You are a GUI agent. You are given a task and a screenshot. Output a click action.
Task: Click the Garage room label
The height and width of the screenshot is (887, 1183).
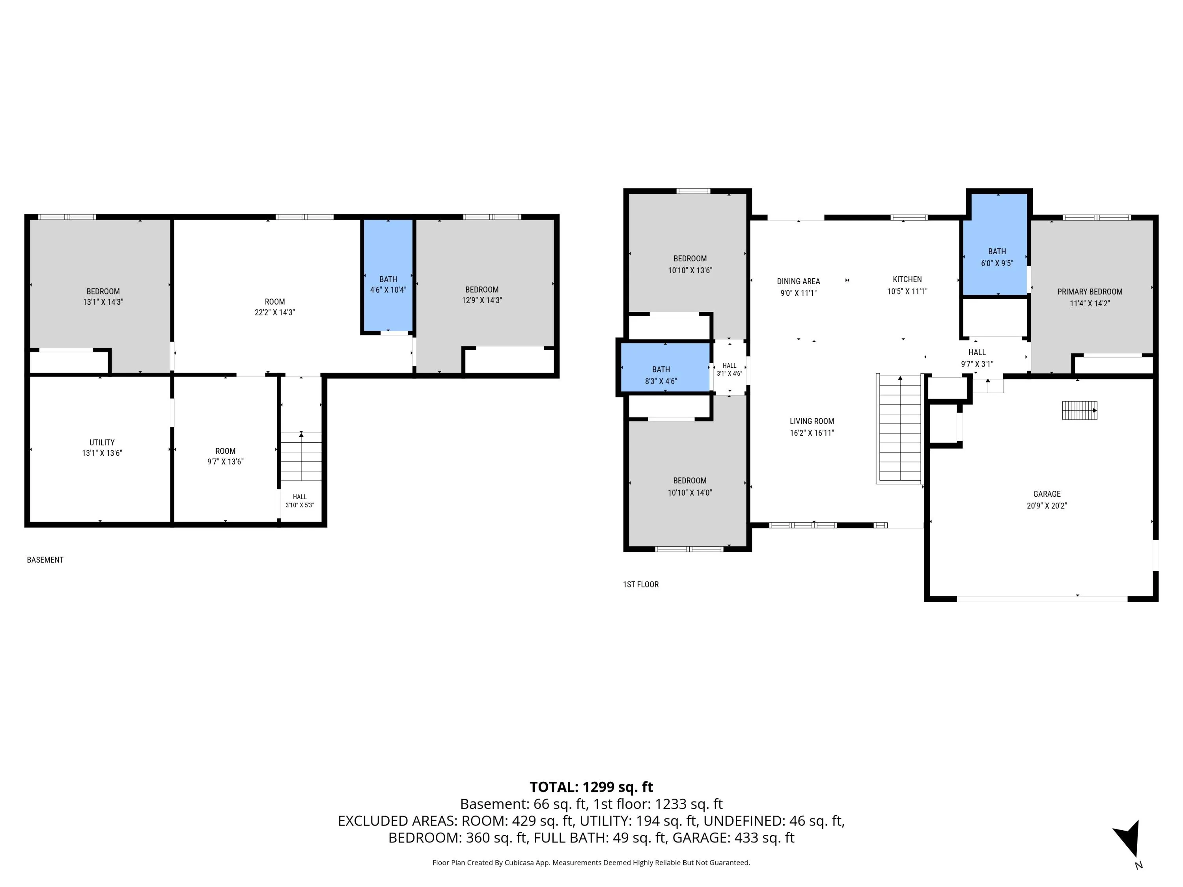pos(1047,494)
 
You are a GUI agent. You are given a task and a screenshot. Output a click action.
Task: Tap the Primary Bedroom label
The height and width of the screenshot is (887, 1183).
pos(1090,291)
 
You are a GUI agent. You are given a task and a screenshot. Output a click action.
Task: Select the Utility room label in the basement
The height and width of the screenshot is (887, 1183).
pos(102,442)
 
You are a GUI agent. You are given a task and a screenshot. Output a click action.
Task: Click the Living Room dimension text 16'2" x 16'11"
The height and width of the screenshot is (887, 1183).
pos(812,433)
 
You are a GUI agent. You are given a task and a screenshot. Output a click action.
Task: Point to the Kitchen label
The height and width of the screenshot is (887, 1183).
pos(907,279)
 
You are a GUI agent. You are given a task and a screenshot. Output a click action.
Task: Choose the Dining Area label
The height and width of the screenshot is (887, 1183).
pos(798,281)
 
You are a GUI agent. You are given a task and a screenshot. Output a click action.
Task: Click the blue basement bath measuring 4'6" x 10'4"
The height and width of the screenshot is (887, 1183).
pos(388,275)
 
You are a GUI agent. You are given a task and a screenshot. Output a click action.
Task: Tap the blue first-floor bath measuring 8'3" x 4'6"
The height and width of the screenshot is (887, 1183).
pos(665,367)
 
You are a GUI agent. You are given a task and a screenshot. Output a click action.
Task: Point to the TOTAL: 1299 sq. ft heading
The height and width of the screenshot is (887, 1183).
pos(591,787)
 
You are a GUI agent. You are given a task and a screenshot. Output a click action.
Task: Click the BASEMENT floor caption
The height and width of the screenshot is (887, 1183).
pos(45,560)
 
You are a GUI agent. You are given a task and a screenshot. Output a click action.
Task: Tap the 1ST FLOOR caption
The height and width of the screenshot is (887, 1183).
pos(641,584)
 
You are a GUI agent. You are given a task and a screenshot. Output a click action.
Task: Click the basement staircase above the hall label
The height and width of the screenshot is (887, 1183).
pos(301,457)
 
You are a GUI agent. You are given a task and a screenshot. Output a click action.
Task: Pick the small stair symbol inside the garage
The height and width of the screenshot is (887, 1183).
pos(1080,411)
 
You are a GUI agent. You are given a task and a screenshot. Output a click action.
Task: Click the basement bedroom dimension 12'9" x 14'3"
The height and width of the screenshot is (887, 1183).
pos(482,300)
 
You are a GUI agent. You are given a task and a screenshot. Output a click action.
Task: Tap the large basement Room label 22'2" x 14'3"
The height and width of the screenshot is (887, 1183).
pos(275,307)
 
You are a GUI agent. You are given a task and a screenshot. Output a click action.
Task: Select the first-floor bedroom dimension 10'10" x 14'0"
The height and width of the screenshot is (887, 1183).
pos(690,492)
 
